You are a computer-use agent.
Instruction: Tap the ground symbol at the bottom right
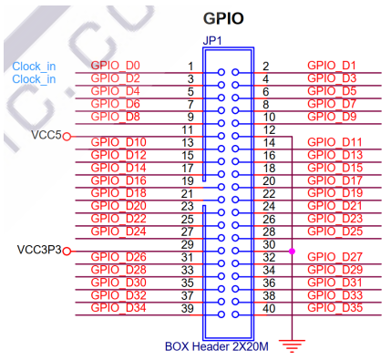coord(291,345)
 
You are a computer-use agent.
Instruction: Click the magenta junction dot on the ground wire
coord(291,251)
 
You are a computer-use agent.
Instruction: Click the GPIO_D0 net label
coord(116,66)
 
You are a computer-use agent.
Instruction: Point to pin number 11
coord(189,130)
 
